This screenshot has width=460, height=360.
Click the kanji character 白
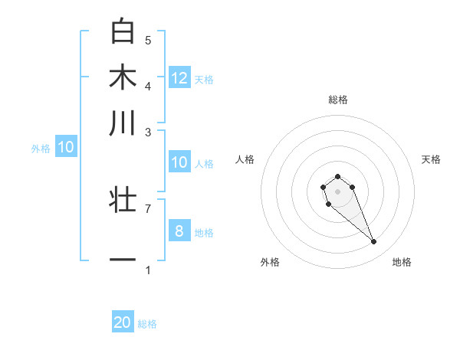[x=123, y=31]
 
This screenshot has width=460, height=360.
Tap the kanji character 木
[x=123, y=77]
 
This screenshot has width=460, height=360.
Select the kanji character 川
[x=123, y=123]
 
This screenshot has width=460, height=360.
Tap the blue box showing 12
[x=179, y=77]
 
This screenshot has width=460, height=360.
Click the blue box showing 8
[x=179, y=231]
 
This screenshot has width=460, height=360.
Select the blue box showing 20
[x=123, y=322]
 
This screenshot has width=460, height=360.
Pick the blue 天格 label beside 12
[x=204, y=79]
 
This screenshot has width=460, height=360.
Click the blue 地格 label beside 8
[x=204, y=232]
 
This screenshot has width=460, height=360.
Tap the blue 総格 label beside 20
[x=147, y=324]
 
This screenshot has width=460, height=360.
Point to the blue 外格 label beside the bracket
[x=41, y=149]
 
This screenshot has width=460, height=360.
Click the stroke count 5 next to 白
[x=148, y=40]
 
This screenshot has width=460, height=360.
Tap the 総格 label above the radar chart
[x=337, y=100]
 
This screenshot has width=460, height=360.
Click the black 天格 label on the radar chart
[x=432, y=159]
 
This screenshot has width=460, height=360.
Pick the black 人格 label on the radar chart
[x=245, y=159]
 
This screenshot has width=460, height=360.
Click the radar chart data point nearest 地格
[x=374, y=242]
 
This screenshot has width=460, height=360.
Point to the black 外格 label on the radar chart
[x=270, y=262]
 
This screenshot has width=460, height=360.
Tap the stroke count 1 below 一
[x=148, y=270]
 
